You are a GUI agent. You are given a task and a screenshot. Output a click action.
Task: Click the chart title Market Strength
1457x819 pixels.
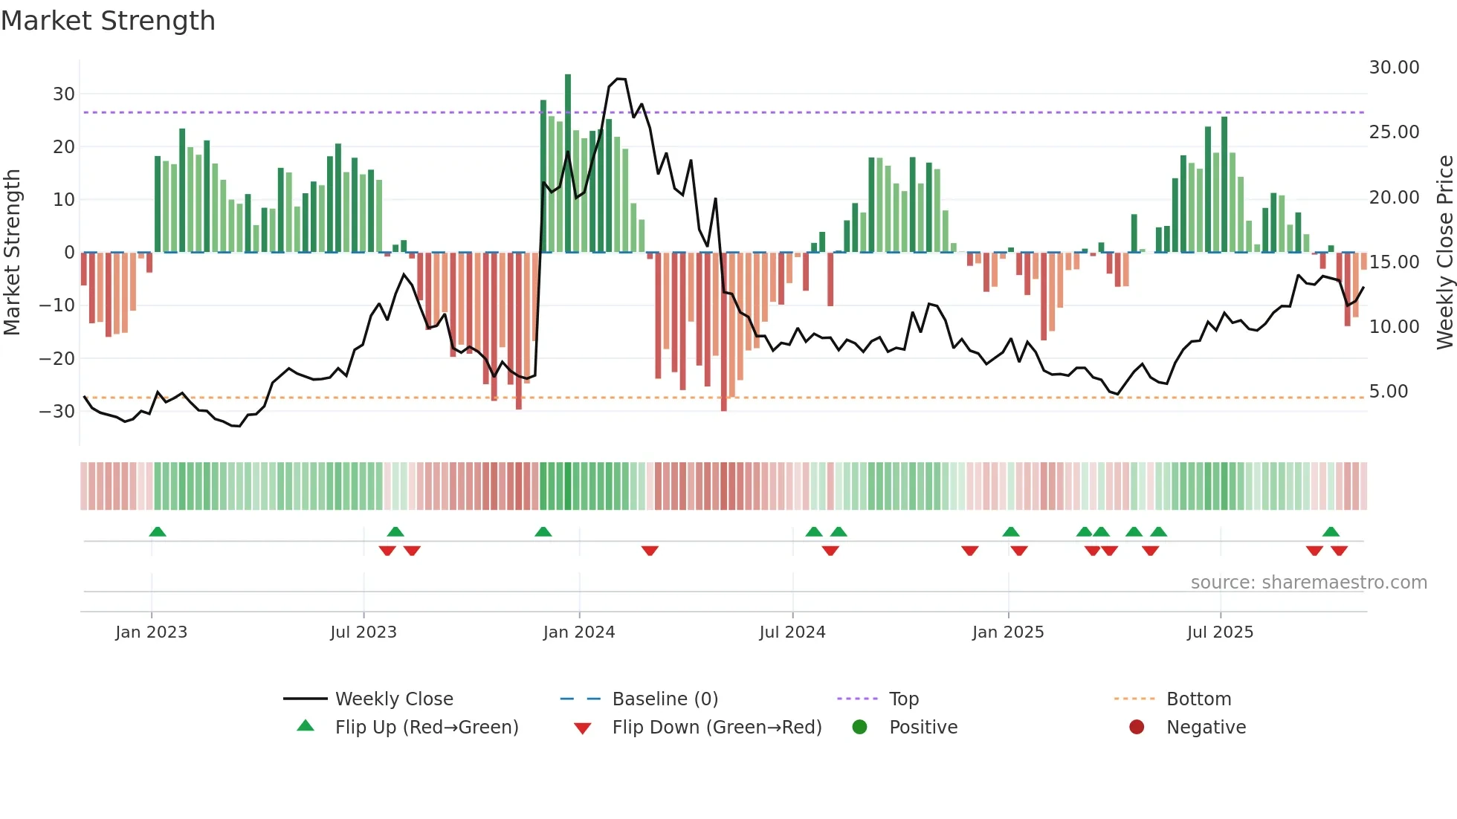(x=108, y=21)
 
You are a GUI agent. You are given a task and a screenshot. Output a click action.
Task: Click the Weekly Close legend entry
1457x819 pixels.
(x=393, y=699)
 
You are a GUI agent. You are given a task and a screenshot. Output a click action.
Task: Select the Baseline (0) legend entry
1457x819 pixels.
(x=665, y=699)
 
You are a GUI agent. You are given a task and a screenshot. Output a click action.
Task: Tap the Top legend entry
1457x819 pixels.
(x=903, y=699)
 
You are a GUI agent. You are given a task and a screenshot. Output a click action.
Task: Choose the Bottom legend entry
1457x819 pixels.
(x=1198, y=699)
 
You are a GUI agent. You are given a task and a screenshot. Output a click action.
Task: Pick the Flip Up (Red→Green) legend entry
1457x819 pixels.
(x=426, y=728)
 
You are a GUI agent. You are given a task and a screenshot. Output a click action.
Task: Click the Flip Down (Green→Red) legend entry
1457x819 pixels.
(x=717, y=728)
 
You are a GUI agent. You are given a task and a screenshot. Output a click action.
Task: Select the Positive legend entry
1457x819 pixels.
(x=923, y=728)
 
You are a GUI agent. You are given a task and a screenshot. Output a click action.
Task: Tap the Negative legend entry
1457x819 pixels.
(x=1206, y=728)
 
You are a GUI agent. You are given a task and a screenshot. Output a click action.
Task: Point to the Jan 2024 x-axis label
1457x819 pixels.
(x=579, y=632)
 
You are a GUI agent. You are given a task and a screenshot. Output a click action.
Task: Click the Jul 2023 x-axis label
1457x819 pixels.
(x=364, y=632)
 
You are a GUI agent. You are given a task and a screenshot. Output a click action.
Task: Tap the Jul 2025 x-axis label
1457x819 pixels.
(x=1220, y=632)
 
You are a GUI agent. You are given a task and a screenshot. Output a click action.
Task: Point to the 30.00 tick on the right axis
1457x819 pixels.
(x=1394, y=68)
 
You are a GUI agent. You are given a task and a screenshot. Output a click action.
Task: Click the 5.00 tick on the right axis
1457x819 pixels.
(x=1388, y=392)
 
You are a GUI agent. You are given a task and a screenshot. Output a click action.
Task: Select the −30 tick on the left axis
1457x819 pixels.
(x=57, y=412)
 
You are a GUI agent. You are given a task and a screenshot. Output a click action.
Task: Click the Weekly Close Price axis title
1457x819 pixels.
(x=1444, y=253)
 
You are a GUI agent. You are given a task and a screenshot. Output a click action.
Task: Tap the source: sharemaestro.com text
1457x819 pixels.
(x=1308, y=583)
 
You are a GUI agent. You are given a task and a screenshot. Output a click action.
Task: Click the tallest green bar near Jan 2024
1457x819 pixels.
(x=568, y=164)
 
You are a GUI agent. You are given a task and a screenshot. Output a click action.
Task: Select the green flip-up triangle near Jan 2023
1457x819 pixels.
(x=158, y=531)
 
